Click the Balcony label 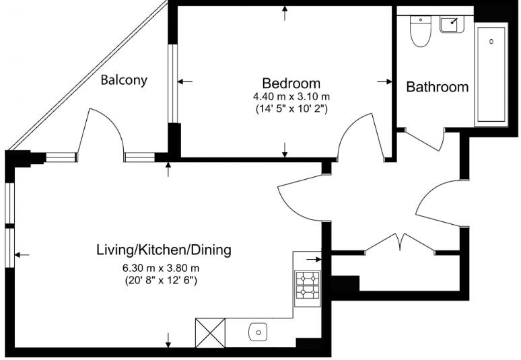(x=124, y=80)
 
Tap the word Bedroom (x=291, y=83)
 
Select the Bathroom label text (x=437, y=87)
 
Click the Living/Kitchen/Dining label (x=164, y=250)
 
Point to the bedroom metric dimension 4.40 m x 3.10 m (x=291, y=96)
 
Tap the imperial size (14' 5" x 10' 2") (x=291, y=108)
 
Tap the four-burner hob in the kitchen (x=308, y=285)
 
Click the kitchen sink (x=259, y=332)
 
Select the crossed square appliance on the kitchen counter (x=209, y=332)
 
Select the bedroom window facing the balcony (x=173, y=83)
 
